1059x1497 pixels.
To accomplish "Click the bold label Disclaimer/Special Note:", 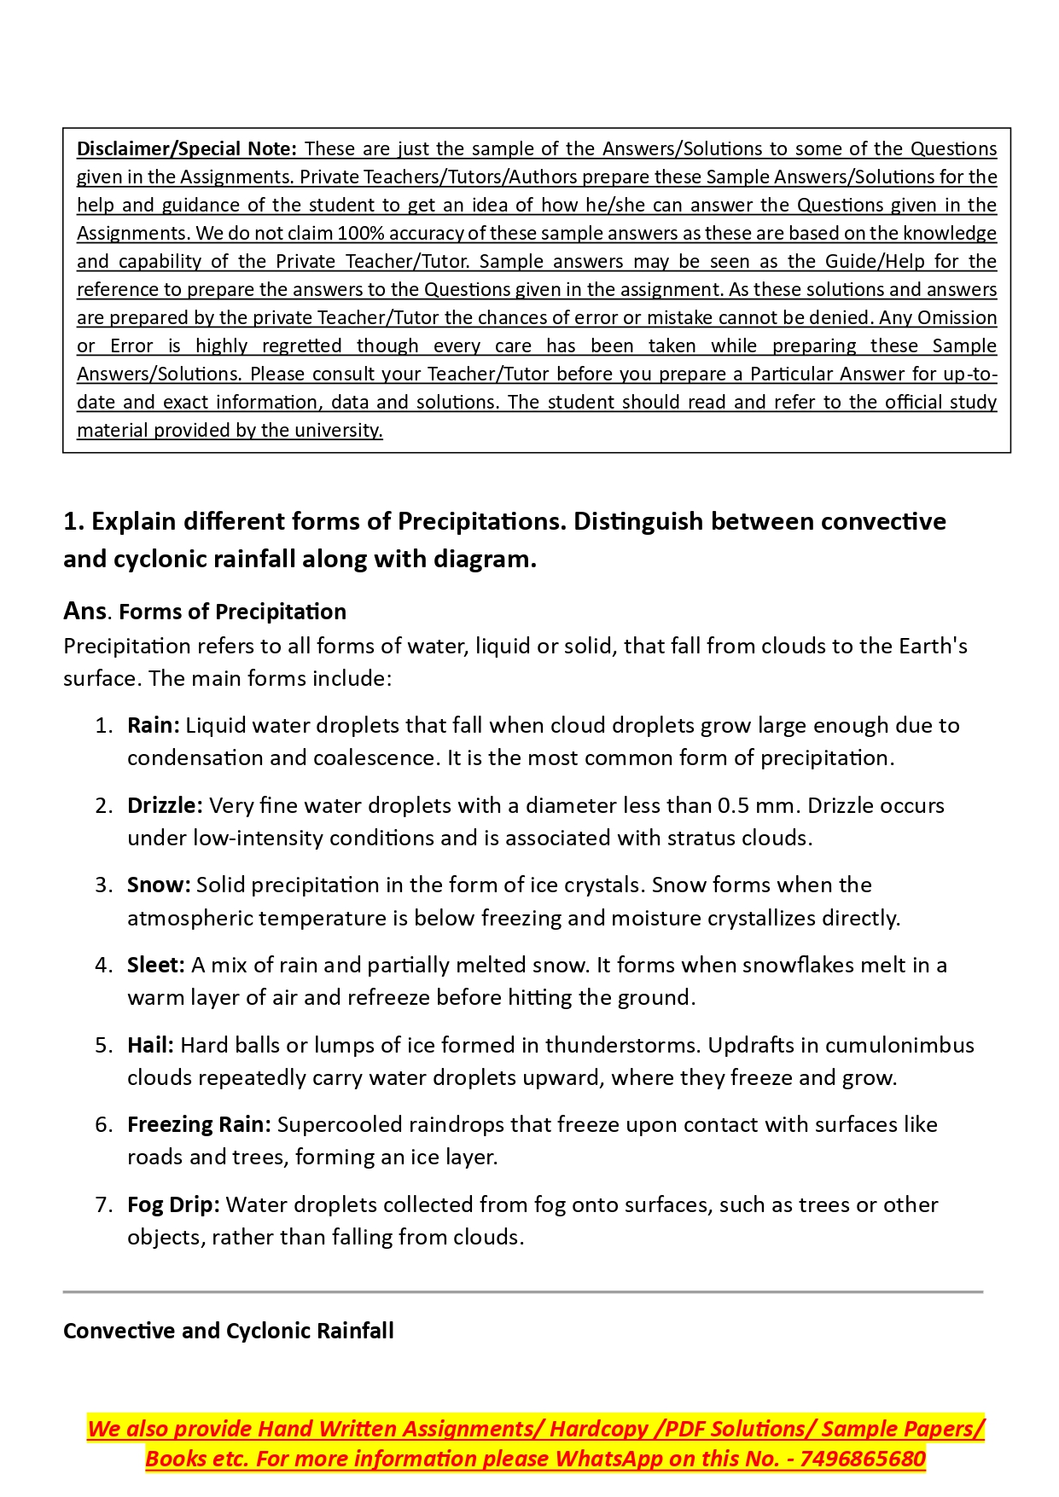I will click(x=186, y=148).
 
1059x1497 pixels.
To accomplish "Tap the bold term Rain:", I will click(x=154, y=725).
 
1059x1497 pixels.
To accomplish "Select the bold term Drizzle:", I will click(x=165, y=805).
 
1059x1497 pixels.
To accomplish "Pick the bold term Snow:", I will click(x=159, y=885).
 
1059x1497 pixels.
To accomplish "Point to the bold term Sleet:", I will click(x=156, y=965).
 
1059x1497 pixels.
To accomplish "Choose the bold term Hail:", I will click(x=150, y=1045).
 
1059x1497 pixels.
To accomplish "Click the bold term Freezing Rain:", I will click(x=199, y=1124).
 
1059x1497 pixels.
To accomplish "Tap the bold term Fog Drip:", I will click(x=173, y=1204).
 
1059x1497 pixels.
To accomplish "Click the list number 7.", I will click(x=103, y=1204).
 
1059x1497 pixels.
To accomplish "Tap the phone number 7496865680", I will click(x=863, y=1459).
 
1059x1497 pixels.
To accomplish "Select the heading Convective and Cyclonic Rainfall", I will click(x=229, y=1331).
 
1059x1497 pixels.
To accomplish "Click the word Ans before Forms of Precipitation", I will click(x=84, y=611).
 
